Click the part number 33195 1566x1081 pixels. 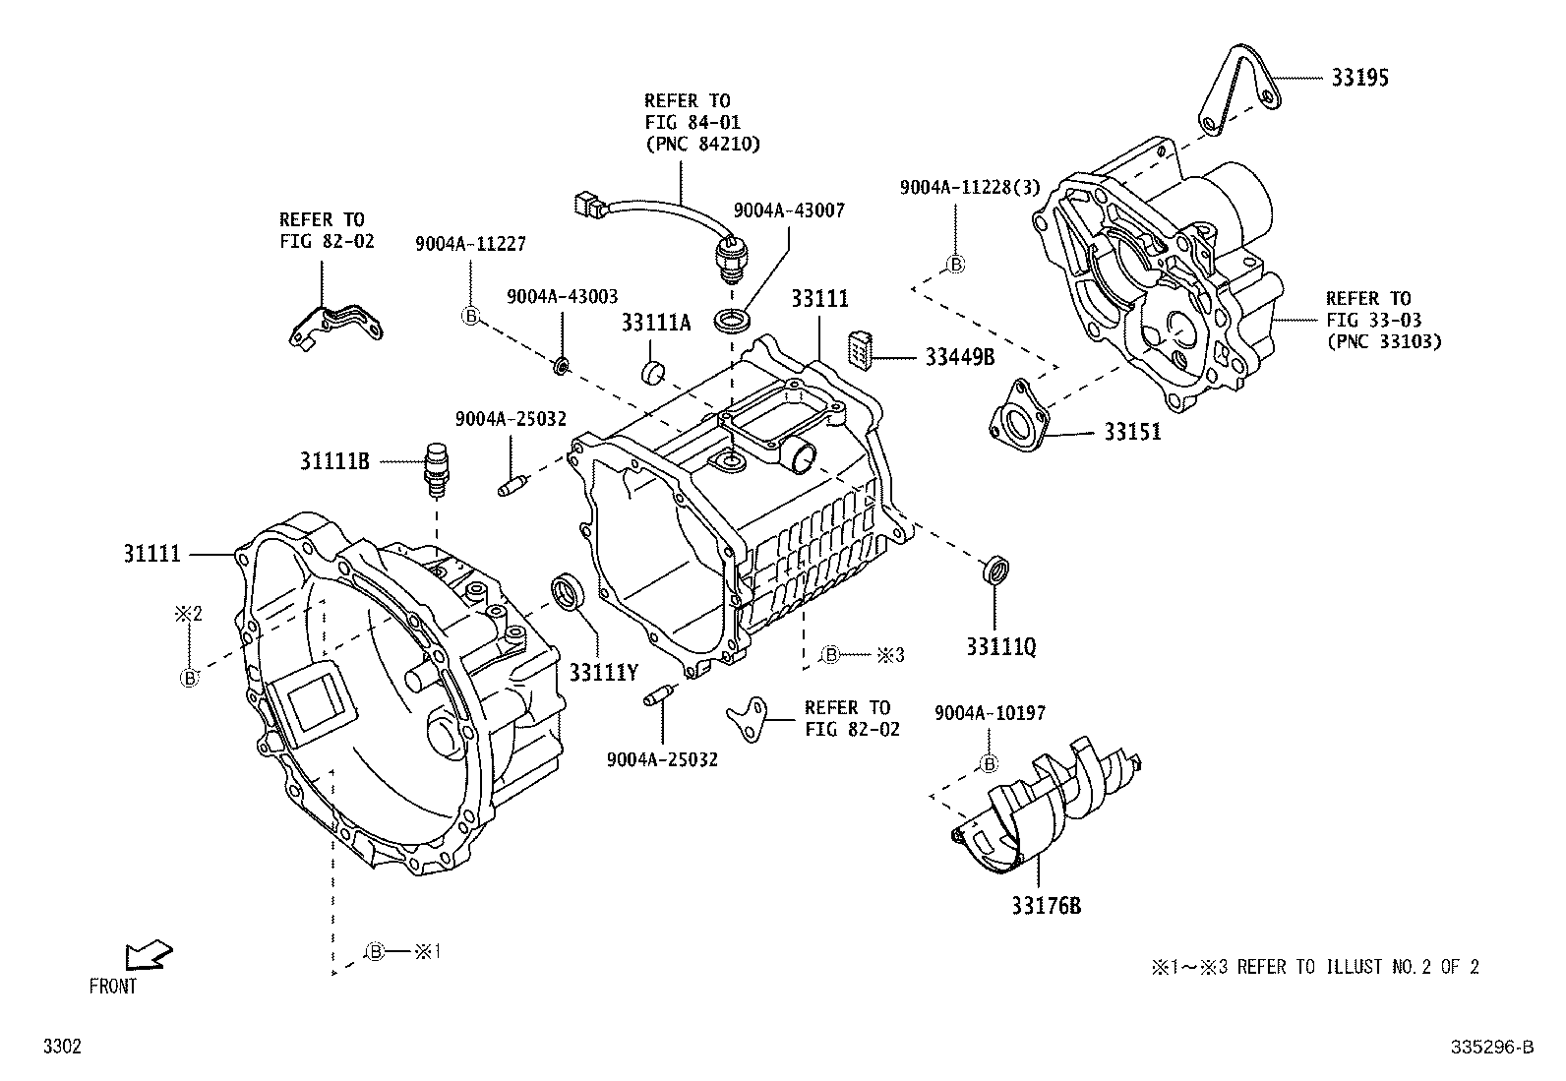pos(1360,78)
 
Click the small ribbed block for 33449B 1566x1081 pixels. pos(860,351)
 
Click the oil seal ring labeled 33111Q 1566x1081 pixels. pos(995,571)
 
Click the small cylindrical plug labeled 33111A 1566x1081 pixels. pos(653,373)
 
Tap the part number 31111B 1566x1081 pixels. pos(334,459)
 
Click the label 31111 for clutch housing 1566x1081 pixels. pos(151,554)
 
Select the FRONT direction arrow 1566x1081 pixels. pos(148,955)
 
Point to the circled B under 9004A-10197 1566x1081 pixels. pos(990,763)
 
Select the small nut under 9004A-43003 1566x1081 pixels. pos(561,367)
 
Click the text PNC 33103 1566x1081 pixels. pos(1383,341)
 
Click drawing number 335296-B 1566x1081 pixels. pos(1491,1049)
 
